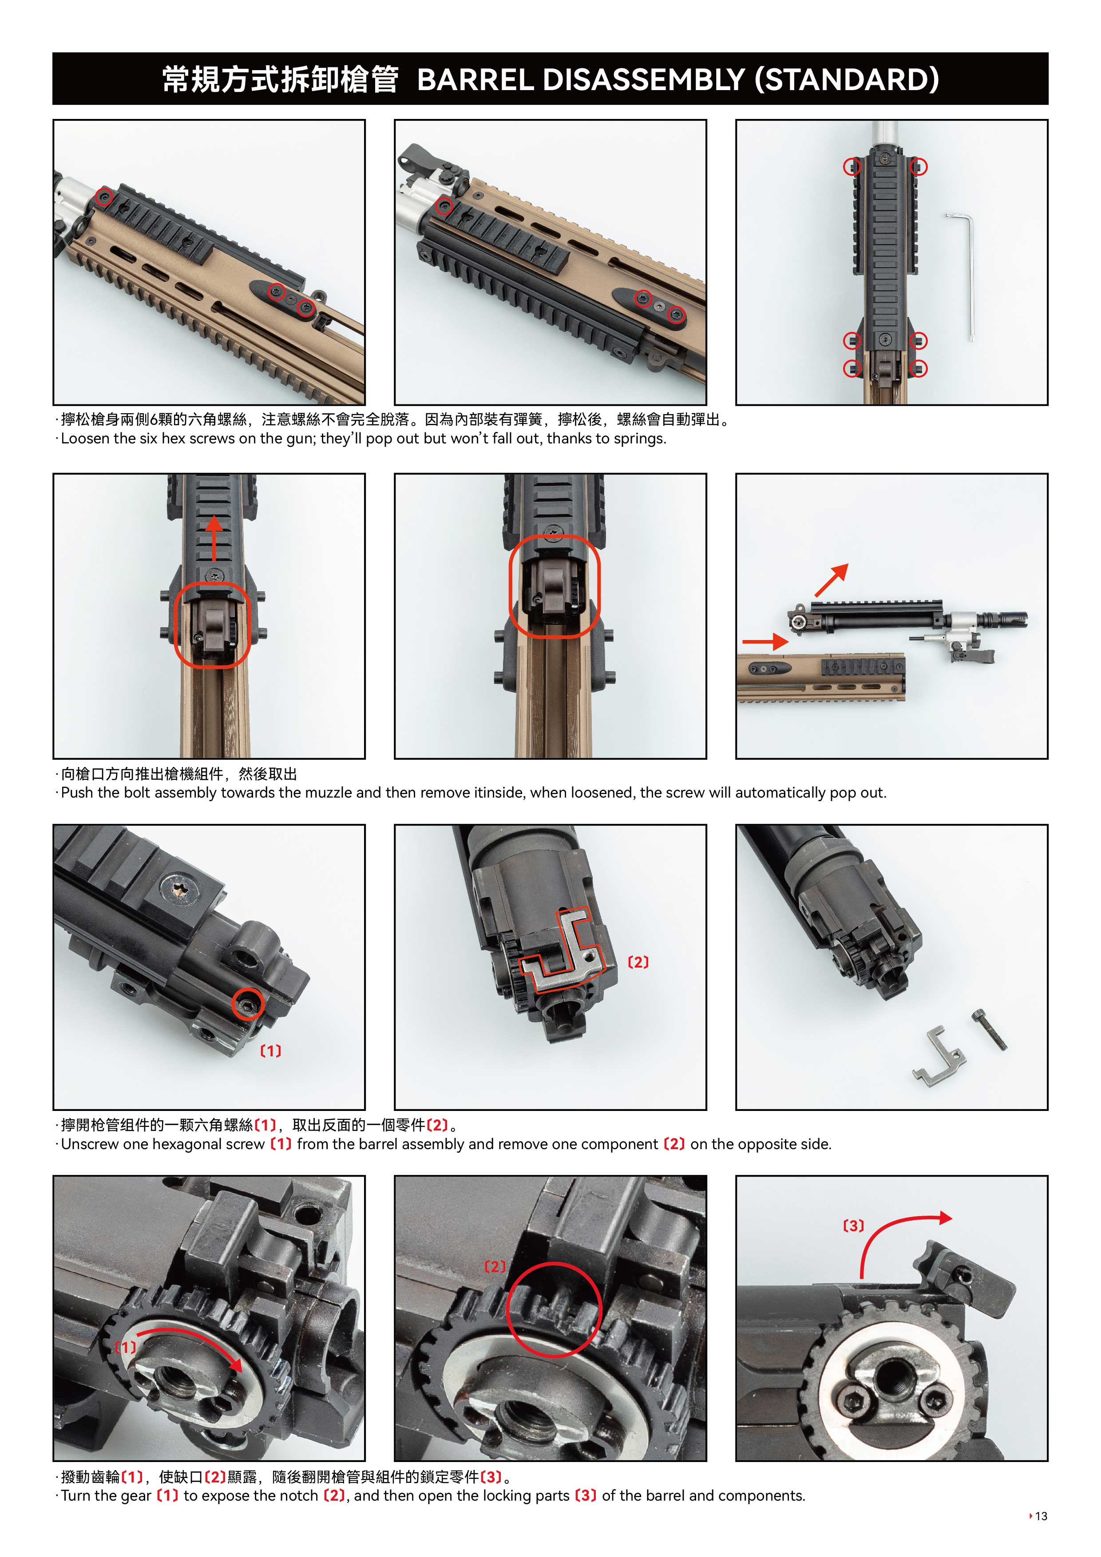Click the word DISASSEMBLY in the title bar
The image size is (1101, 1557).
[x=644, y=79]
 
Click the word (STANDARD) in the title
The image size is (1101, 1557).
[x=848, y=79]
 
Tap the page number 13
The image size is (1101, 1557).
[x=1042, y=1516]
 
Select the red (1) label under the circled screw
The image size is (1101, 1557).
[x=271, y=1051]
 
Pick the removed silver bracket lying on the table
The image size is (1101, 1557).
[x=938, y=1055]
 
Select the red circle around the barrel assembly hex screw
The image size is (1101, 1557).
[x=248, y=1004]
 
